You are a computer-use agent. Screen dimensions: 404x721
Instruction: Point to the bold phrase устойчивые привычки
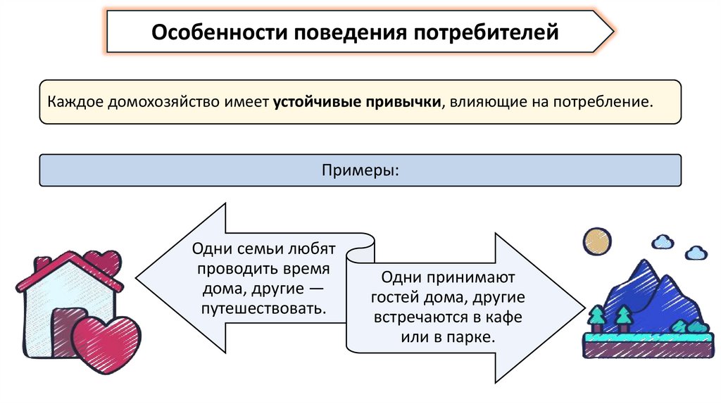pyautogui.click(x=358, y=102)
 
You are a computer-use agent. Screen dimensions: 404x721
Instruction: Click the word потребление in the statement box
pyautogui.click(x=603, y=102)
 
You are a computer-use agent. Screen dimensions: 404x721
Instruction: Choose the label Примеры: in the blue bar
pyautogui.click(x=360, y=170)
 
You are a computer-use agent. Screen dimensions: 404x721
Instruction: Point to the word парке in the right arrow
pyautogui.click(x=470, y=337)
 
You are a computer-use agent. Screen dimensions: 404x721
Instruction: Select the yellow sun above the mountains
pyautogui.click(x=596, y=241)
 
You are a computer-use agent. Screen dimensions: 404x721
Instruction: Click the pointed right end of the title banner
pyautogui.click(x=610, y=32)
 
